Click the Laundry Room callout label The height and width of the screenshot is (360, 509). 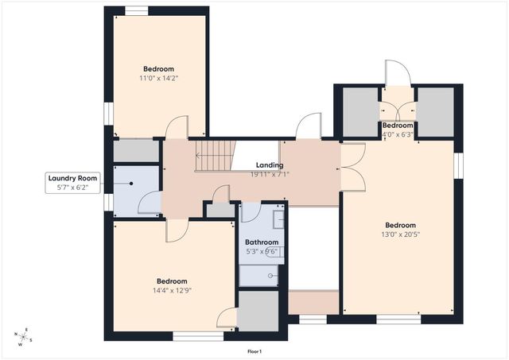72,184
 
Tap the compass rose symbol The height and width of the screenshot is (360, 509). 25,336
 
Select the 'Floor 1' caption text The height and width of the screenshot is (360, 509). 254,351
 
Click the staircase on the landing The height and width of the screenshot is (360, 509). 216,156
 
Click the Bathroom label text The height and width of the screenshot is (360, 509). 262,242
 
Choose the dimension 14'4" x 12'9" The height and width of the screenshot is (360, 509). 172,290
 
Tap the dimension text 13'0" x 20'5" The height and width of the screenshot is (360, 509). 401,234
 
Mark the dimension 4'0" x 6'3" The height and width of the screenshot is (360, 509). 398,134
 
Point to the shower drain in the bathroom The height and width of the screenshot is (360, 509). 271,276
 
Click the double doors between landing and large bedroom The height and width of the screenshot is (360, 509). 352,167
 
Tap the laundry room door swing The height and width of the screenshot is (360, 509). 149,203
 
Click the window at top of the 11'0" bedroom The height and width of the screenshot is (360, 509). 136,10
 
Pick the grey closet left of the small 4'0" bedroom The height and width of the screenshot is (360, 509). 360,111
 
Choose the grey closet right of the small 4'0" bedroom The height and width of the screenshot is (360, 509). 435,111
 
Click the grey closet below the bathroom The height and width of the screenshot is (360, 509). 258,311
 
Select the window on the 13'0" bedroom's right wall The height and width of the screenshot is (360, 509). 458,162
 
